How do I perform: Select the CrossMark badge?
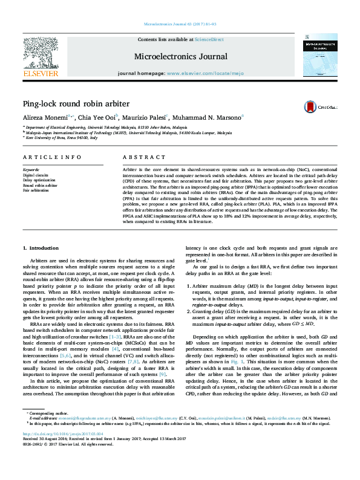[x=321, y=106]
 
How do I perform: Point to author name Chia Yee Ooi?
[x=97, y=118]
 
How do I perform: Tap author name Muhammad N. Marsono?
[x=206, y=118]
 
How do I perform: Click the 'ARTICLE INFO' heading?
[x=52, y=157]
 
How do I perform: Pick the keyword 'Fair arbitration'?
[x=36, y=190]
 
